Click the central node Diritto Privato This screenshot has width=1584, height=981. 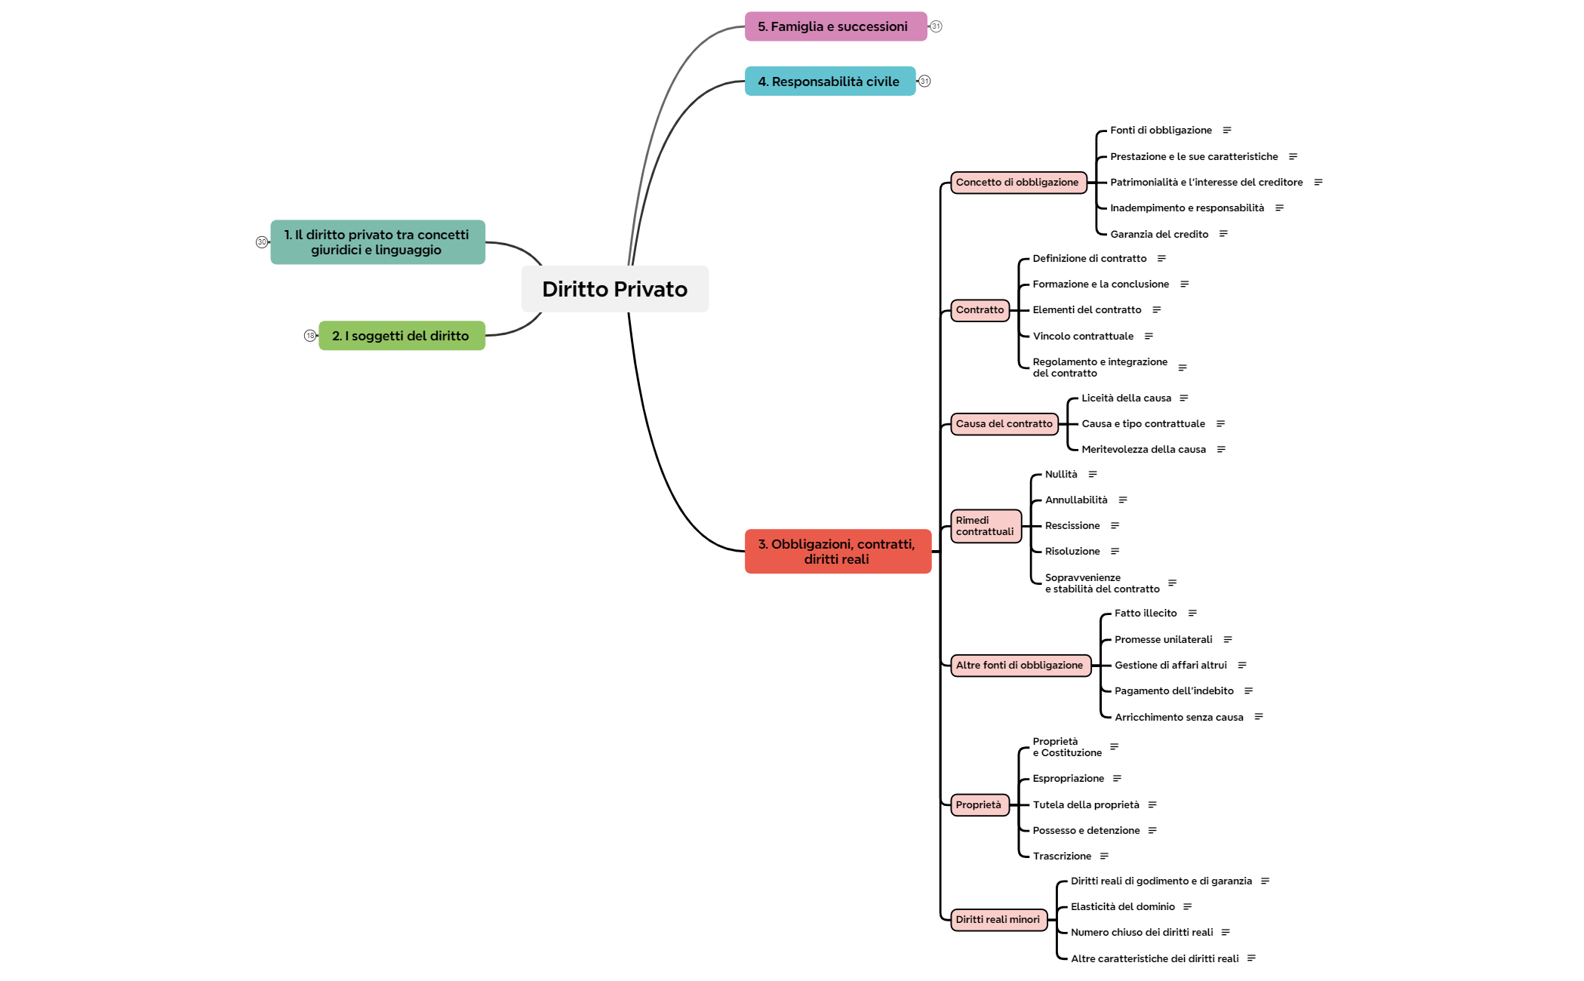click(614, 289)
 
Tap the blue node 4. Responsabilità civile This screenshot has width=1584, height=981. click(829, 81)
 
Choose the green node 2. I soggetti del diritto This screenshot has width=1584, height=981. click(401, 336)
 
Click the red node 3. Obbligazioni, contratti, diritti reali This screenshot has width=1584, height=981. click(837, 552)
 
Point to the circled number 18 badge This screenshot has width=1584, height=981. click(310, 336)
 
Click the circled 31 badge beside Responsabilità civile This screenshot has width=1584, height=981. click(924, 81)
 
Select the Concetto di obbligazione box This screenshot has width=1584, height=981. click(1017, 183)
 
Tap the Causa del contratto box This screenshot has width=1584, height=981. click(1004, 424)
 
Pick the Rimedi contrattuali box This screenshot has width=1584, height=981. click(985, 526)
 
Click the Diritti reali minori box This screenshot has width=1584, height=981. click(998, 920)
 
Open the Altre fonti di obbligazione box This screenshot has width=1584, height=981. click(1020, 666)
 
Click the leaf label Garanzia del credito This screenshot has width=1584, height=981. click(1159, 235)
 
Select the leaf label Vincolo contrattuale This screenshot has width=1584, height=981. click(1083, 337)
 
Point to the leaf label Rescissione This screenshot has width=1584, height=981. click(1072, 526)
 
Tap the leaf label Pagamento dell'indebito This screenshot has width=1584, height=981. click(1174, 691)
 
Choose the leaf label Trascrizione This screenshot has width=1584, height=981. click(1062, 856)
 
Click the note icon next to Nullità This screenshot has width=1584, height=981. click(1093, 475)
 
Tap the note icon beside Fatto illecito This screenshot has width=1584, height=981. click(1192, 614)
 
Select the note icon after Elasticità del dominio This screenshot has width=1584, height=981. click(1188, 907)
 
